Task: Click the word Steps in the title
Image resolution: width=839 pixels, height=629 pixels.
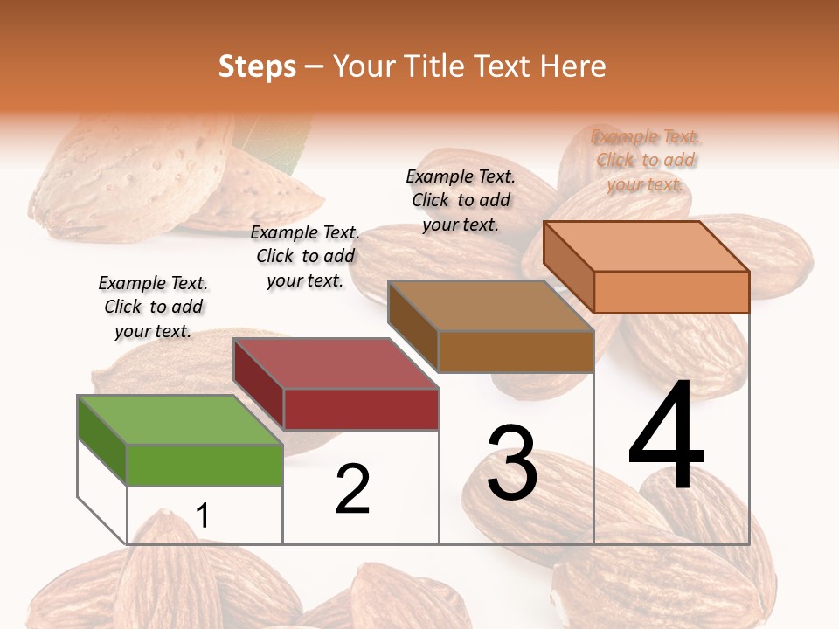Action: (x=257, y=66)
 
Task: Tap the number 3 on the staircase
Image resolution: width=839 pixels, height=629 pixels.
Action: (x=511, y=463)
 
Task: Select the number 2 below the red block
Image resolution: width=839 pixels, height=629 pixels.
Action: (x=352, y=489)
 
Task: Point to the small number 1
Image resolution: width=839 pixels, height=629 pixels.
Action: (x=203, y=516)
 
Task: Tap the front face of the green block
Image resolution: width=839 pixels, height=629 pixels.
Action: (x=205, y=465)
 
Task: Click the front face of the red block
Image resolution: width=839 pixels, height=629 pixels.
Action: (x=360, y=409)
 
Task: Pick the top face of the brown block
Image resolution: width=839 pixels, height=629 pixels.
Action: (x=490, y=306)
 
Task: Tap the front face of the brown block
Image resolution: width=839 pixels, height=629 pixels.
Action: (x=516, y=351)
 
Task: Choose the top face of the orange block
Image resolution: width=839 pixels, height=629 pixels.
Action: (x=646, y=245)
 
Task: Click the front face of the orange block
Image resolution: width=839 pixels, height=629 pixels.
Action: (x=671, y=292)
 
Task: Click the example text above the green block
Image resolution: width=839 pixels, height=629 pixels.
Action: (x=153, y=307)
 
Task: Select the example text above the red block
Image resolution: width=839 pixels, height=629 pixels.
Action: (x=305, y=256)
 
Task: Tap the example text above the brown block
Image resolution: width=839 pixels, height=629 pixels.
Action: (x=461, y=200)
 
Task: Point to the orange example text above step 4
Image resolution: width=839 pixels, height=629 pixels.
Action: (x=646, y=160)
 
